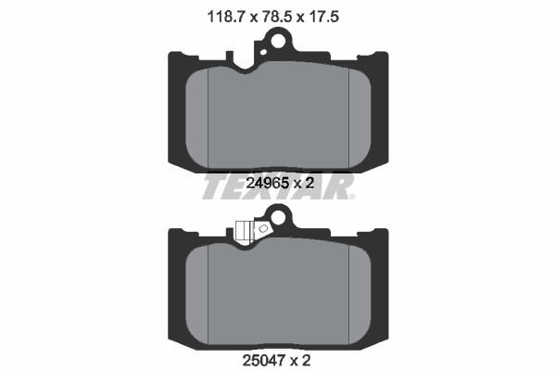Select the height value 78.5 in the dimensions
pos(276,16)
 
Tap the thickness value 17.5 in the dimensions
pos(334,16)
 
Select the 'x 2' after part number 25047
pos(305,356)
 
